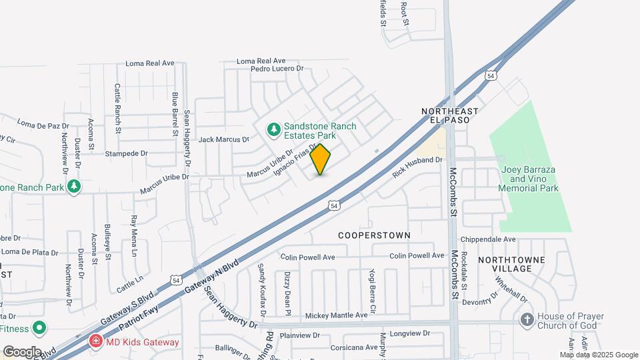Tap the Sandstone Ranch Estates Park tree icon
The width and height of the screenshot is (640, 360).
[273, 129]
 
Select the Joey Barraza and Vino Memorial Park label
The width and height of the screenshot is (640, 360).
[528, 179]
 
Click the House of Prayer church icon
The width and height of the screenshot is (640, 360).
[527, 320]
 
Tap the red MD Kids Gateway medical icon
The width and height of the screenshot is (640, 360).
[96, 342]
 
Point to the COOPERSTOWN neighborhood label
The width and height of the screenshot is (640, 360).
[373, 235]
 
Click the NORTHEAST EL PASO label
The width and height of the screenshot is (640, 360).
[450, 115]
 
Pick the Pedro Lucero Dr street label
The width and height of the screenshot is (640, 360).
[277, 69]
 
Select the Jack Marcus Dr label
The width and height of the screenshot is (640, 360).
[223, 140]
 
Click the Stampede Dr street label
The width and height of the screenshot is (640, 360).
[126, 153]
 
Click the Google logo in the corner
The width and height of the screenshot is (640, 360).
[22, 351]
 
